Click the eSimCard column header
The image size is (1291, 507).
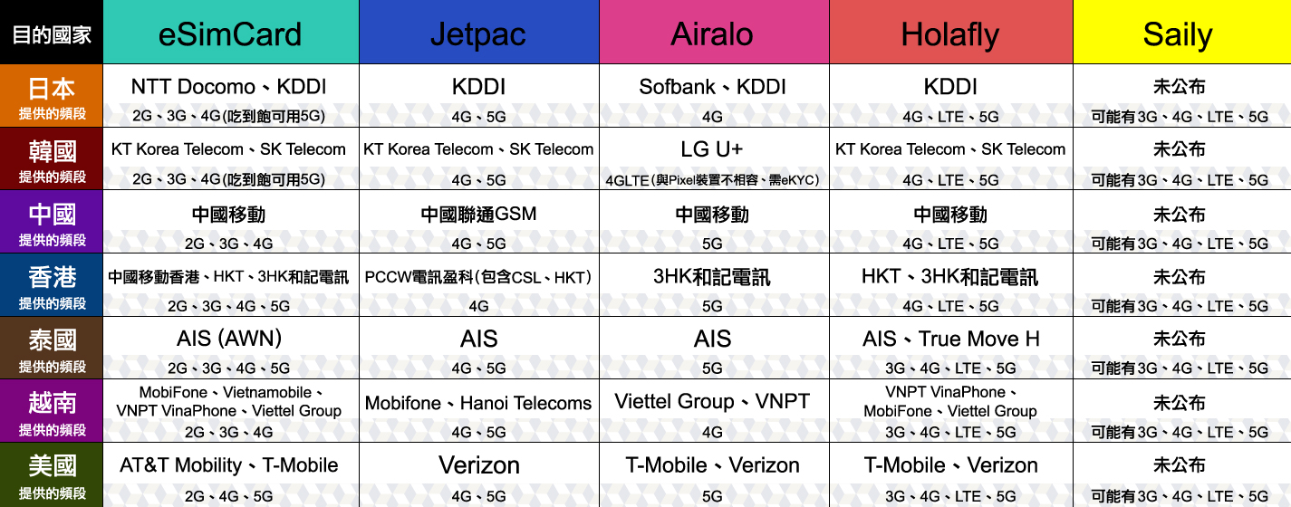[230, 33]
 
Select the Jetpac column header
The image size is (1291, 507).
[479, 33]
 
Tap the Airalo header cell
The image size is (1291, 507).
[714, 33]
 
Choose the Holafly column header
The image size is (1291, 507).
[951, 33]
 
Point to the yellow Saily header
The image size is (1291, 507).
[1182, 33]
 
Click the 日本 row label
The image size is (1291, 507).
[52, 96]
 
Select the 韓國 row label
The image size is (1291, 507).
[52, 158]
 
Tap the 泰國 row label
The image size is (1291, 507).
[52, 348]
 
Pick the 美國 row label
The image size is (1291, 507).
[52, 474]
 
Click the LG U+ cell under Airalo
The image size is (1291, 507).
[712, 149]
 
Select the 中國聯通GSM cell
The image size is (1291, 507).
[478, 215]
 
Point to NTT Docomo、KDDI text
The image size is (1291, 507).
[229, 87]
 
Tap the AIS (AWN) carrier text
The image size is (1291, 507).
[229, 339]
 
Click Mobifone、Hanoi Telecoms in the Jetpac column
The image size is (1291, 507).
[478, 403]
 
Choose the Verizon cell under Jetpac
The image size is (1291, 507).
[479, 465]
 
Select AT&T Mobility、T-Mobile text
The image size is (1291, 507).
[229, 465]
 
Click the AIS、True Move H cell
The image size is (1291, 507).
[951, 339]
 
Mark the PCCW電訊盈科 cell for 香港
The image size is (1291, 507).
[478, 278]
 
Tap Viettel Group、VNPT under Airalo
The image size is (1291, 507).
[712, 402]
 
